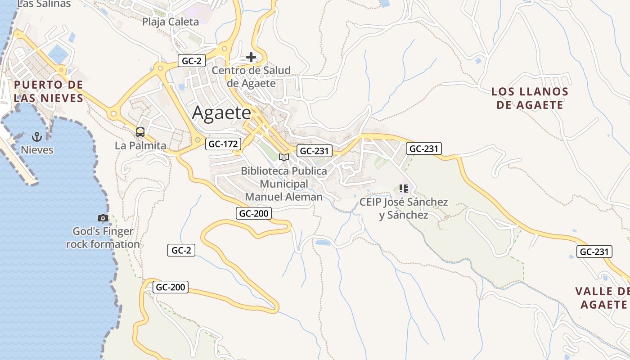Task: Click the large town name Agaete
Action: tap(221, 112)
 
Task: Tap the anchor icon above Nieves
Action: tap(37, 136)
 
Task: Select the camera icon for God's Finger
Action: tap(103, 218)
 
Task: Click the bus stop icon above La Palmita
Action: tap(140, 132)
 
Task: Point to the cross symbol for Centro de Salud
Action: tap(251, 57)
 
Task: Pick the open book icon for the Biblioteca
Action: tap(283, 157)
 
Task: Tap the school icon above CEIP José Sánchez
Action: tap(403, 189)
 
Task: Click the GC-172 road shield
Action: tap(223, 144)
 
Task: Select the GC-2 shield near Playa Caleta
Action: tap(191, 61)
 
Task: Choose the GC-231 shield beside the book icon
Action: tap(315, 151)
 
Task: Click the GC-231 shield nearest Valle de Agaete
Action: tap(594, 252)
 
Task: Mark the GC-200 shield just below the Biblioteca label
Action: tap(254, 213)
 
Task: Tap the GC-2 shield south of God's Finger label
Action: tap(181, 250)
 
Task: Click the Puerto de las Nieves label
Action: tap(49, 91)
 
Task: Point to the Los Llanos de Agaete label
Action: tap(530, 98)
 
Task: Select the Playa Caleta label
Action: tap(171, 22)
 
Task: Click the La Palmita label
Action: tap(140, 145)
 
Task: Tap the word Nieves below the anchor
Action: tap(37, 150)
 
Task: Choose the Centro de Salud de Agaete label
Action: tap(251, 76)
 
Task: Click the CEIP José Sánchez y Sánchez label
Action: tap(404, 208)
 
